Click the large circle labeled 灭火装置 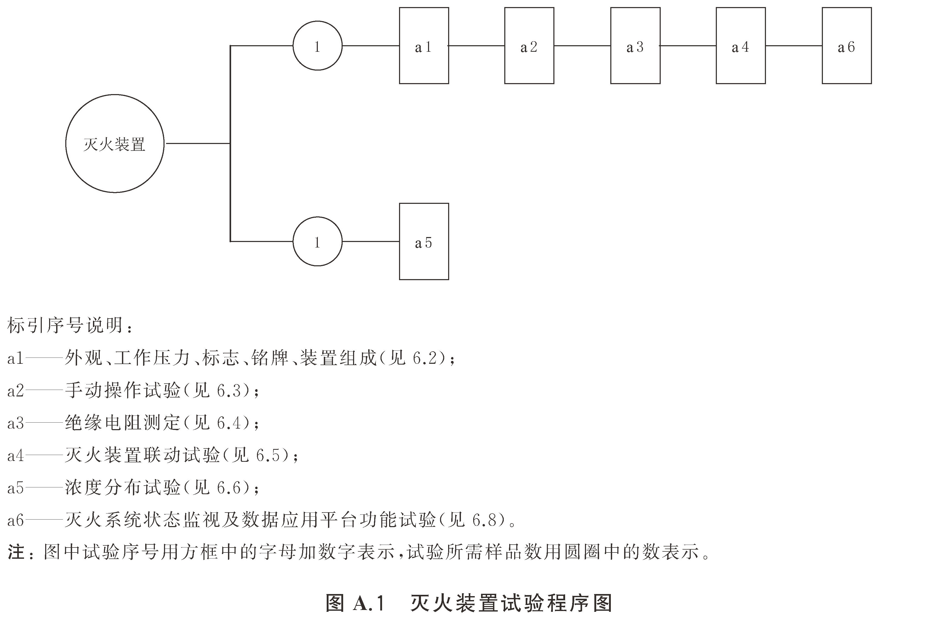(115, 143)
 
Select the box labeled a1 (424, 46)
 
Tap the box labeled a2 (529, 46)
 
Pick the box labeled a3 (635, 46)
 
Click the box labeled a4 (740, 46)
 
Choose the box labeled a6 (847, 46)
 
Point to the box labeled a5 (424, 241)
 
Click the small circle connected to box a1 (317, 46)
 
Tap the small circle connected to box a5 (317, 241)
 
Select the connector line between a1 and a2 (476, 46)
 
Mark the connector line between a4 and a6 (794, 46)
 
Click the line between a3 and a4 (688, 46)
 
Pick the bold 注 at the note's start (16, 552)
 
